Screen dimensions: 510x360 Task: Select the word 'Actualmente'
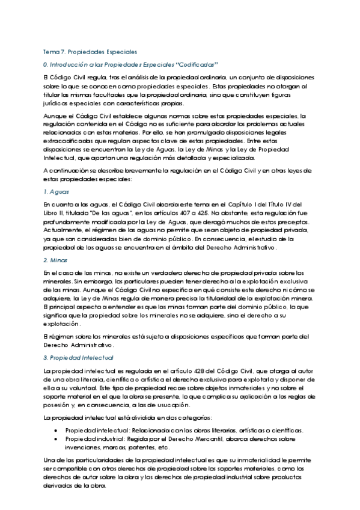tap(65, 230)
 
